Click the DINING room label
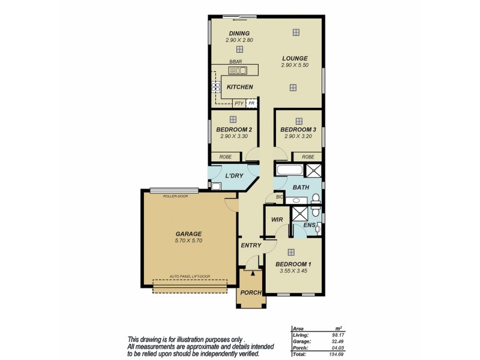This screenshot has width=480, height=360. (x=239, y=33)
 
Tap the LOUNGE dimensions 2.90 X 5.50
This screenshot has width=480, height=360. (x=295, y=65)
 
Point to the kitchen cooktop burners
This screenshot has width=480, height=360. (x=215, y=88)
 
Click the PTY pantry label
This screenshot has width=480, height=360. (x=239, y=103)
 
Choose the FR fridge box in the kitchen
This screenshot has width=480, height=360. (x=251, y=103)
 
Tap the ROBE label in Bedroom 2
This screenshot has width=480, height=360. (x=225, y=157)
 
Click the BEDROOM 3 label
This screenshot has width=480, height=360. (x=298, y=130)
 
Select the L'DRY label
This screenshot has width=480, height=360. (x=235, y=176)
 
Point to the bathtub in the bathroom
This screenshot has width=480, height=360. (x=289, y=170)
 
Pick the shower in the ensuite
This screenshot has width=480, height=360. (x=299, y=213)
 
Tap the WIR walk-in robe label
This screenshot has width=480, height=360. (x=277, y=220)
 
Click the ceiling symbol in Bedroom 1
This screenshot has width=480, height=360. (x=291, y=253)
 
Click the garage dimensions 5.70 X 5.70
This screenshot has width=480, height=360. (x=188, y=241)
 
